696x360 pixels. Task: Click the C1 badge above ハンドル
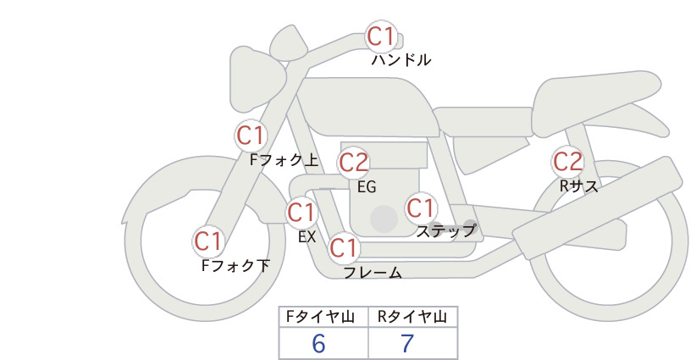(x=382, y=36)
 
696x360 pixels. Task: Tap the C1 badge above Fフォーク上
(x=251, y=136)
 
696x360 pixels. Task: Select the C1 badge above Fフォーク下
(x=208, y=241)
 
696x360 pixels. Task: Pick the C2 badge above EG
(x=354, y=163)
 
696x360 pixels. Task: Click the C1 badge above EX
(x=301, y=212)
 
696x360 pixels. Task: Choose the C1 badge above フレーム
(x=344, y=247)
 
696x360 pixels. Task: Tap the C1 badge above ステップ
(x=421, y=208)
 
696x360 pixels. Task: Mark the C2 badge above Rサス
(x=567, y=162)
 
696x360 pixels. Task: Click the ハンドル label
(x=400, y=60)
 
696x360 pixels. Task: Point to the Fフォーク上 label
(x=284, y=160)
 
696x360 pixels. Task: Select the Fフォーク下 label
(x=235, y=265)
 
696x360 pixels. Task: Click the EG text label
(x=367, y=187)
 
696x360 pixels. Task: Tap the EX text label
(x=307, y=237)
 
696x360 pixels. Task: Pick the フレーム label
(x=373, y=273)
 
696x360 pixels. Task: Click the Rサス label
(x=579, y=186)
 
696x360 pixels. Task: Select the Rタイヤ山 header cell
(x=413, y=317)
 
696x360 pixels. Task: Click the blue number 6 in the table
(x=318, y=344)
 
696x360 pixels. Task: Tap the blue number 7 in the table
(x=407, y=344)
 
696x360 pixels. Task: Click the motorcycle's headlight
(x=256, y=79)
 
